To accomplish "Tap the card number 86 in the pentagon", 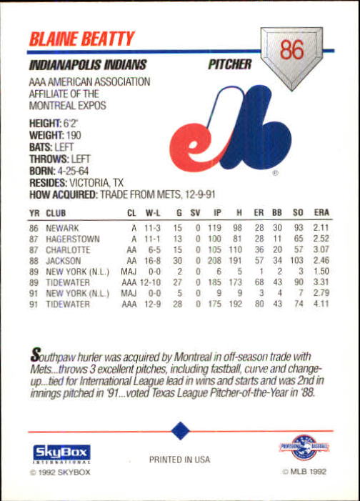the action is coord(292,51).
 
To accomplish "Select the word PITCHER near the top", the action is coord(229,65).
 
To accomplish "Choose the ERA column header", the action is coord(321,213).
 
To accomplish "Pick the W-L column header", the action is coord(153,213).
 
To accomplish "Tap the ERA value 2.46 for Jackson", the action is coord(321,262).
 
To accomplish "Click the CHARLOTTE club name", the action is coord(69,250).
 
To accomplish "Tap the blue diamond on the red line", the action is coord(181,431).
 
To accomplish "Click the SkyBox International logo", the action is coord(61,453).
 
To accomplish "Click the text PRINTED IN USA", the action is coord(179,460).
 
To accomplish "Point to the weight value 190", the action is coord(74,135).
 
